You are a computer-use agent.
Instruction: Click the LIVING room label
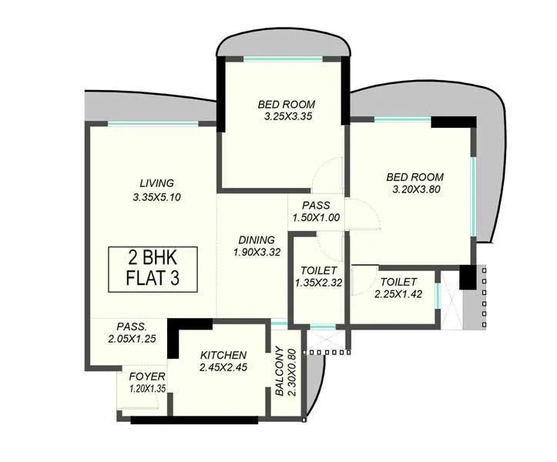[156, 183]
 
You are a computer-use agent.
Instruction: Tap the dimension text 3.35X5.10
[156, 197]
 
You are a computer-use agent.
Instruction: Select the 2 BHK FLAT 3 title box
[152, 268]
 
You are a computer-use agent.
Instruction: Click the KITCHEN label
[223, 355]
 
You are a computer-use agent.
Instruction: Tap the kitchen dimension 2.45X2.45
[223, 367]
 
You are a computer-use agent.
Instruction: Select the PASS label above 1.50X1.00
[316, 206]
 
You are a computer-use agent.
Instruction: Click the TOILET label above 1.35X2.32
[316, 270]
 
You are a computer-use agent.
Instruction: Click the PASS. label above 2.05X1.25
[132, 326]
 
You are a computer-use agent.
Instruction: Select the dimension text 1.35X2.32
[316, 283]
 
